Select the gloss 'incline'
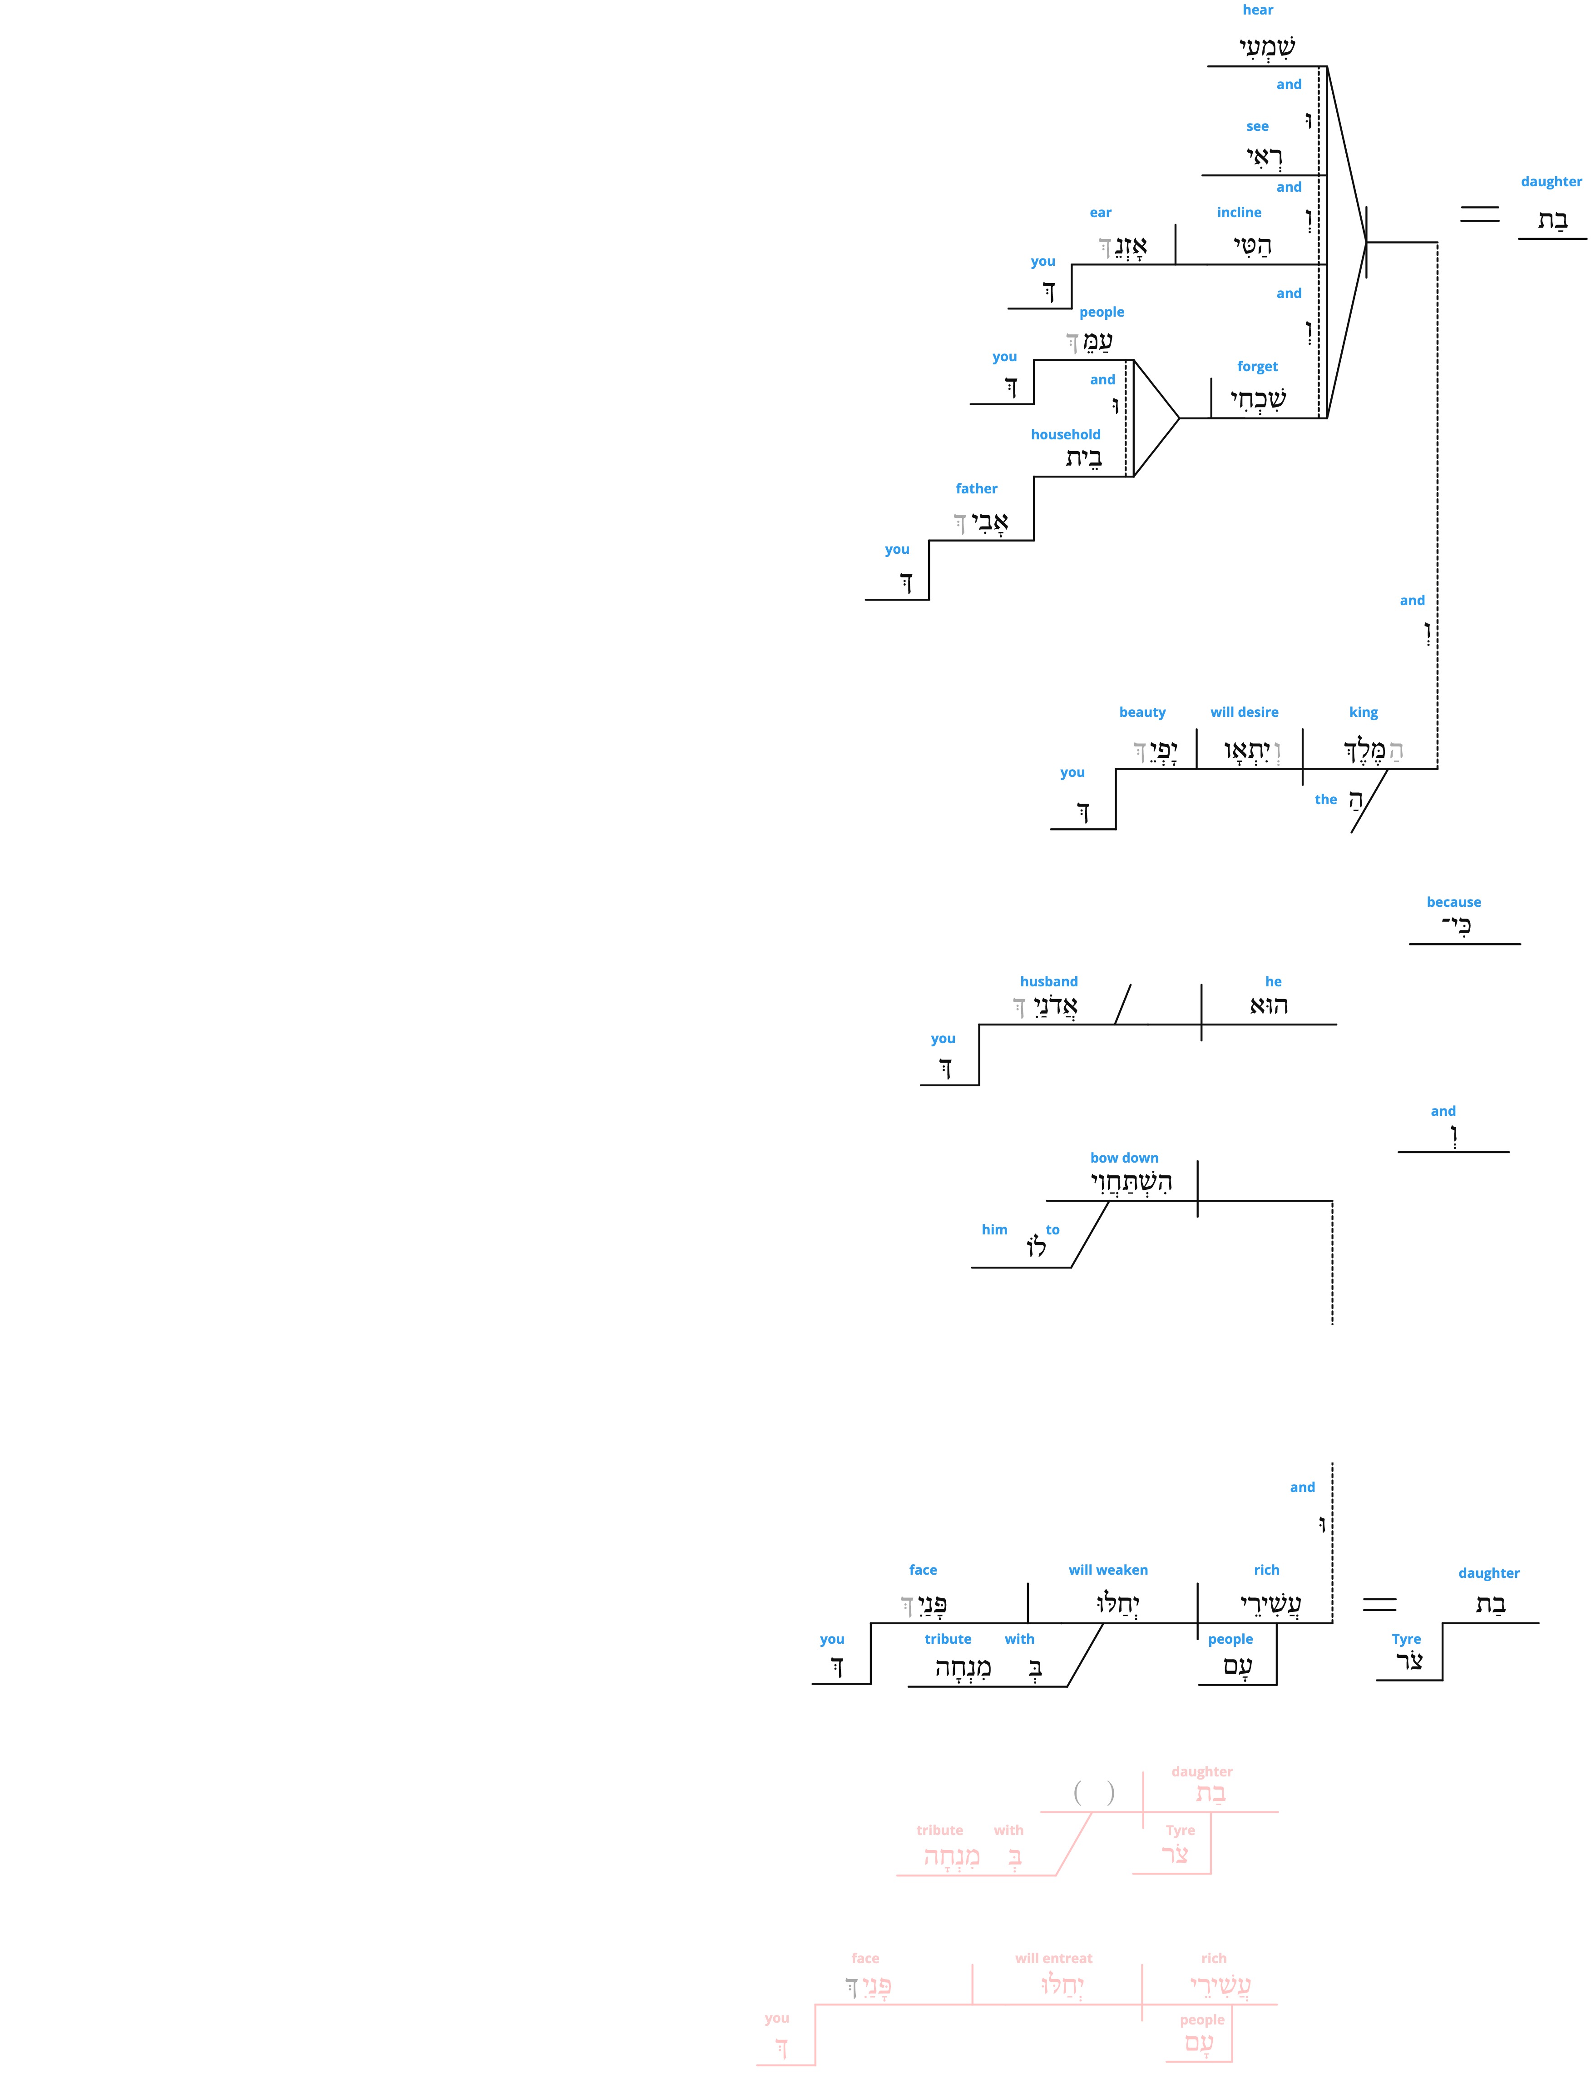coord(1239,212)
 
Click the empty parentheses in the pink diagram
coord(1094,1793)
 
